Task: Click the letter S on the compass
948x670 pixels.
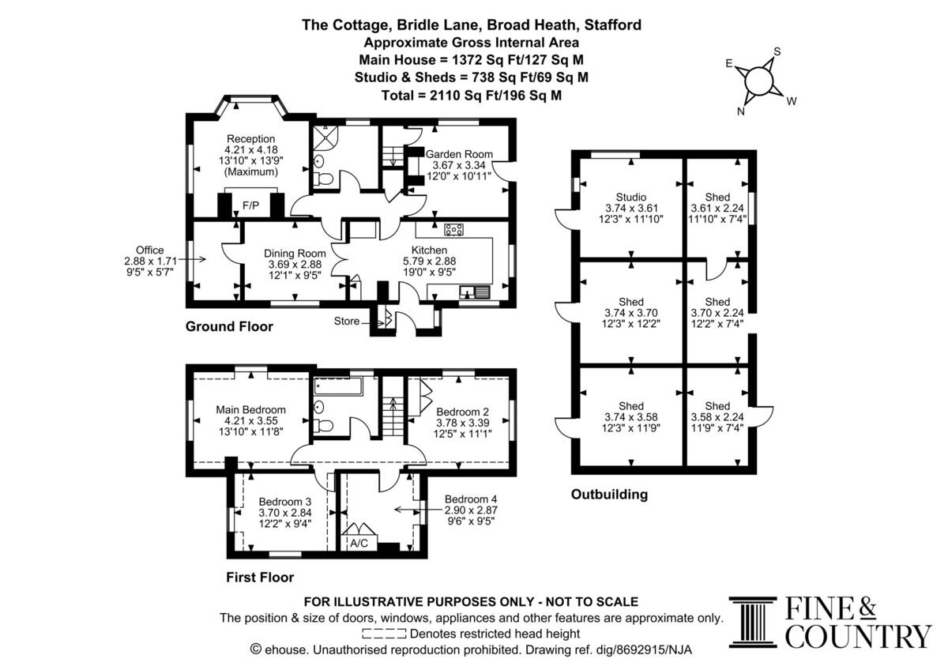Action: tap(777, 51)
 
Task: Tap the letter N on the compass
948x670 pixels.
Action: tap(741, 111)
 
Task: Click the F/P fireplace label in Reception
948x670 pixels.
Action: tap(250, 205)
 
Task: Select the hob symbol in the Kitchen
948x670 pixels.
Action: tap(453, 230)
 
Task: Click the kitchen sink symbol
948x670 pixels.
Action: tap(475, 292)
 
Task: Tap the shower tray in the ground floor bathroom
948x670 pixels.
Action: tap(325, 136)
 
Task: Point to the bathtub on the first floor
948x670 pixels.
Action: tap(338, 386)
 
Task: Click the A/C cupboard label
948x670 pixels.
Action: tap(359, 543)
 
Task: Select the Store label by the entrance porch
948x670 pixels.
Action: tap(347, 322)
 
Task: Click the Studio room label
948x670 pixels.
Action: tap(631, 198)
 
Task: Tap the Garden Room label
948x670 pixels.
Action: tap(459, 154)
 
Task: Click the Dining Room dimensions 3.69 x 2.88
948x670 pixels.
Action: tap(295, 265)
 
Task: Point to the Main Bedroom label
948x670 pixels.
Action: tap(251, 410)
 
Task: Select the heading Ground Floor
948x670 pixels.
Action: tap(229, 326)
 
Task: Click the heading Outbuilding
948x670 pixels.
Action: tap(609, 495)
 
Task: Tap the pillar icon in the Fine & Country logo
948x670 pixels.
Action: tap(753, 622)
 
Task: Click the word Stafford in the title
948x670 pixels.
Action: tap(613, 25)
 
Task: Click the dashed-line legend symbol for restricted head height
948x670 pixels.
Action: tap(384, 634)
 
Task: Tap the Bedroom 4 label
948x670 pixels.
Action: tap(471, 499)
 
